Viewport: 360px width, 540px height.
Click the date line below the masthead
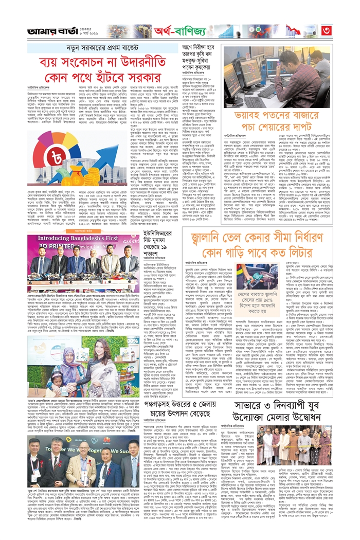coord(91,31)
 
